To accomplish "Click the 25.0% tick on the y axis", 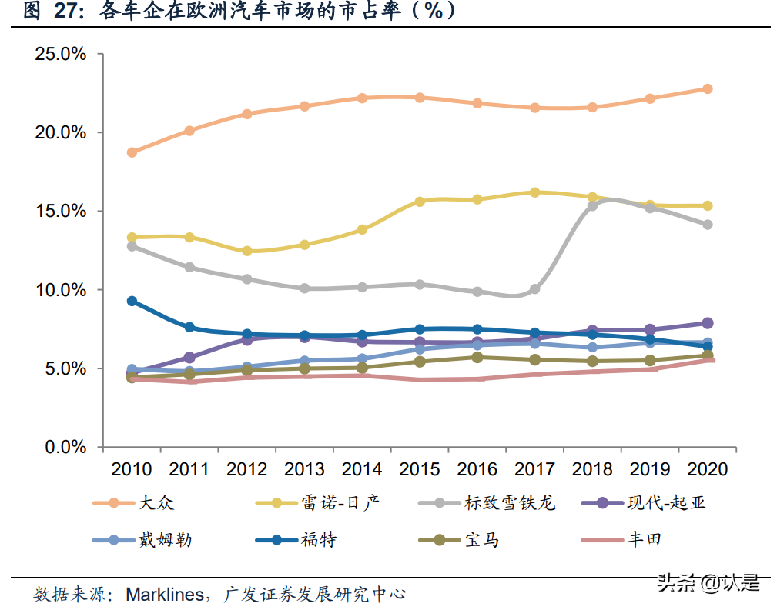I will (59, 55).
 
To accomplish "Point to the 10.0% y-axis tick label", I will (59, 290).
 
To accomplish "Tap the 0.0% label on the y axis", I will (64, 447).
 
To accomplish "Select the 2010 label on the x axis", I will (132, 469).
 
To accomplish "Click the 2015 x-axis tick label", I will (420, 469).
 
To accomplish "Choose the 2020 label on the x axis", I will (707, 469).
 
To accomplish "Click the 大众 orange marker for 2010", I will (132, 152).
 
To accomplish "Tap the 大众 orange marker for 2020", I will (707, 88).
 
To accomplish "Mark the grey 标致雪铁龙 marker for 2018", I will (592, 205).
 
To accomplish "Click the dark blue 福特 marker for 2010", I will (132, 301).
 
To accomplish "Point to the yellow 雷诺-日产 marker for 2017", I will (534, 192).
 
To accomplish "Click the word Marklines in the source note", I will (165, 594).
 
